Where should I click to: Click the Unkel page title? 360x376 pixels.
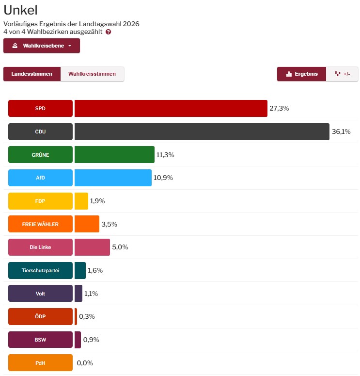20,10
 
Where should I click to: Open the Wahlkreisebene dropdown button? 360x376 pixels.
42,46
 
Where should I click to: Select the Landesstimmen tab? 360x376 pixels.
31,74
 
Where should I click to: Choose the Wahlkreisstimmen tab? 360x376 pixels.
92,74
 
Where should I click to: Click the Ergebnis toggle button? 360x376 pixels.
302,74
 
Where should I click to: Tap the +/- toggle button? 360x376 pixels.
342,74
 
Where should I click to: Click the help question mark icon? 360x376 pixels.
108,32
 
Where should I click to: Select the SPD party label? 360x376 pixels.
40,109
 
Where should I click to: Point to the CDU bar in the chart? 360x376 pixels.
202,131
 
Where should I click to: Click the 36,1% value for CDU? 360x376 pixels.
341,131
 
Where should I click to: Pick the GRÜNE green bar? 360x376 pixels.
114,155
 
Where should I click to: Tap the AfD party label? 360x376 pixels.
40,178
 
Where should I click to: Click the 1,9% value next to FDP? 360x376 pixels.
97,201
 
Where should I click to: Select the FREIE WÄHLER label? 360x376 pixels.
40,224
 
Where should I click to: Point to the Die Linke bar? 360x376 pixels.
92,247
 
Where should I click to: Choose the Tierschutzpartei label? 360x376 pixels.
40,270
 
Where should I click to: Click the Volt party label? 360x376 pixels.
40,294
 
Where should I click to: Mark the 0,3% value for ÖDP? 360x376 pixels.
87,316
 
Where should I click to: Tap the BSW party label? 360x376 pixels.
40,340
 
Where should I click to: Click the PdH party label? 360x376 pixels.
40,363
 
